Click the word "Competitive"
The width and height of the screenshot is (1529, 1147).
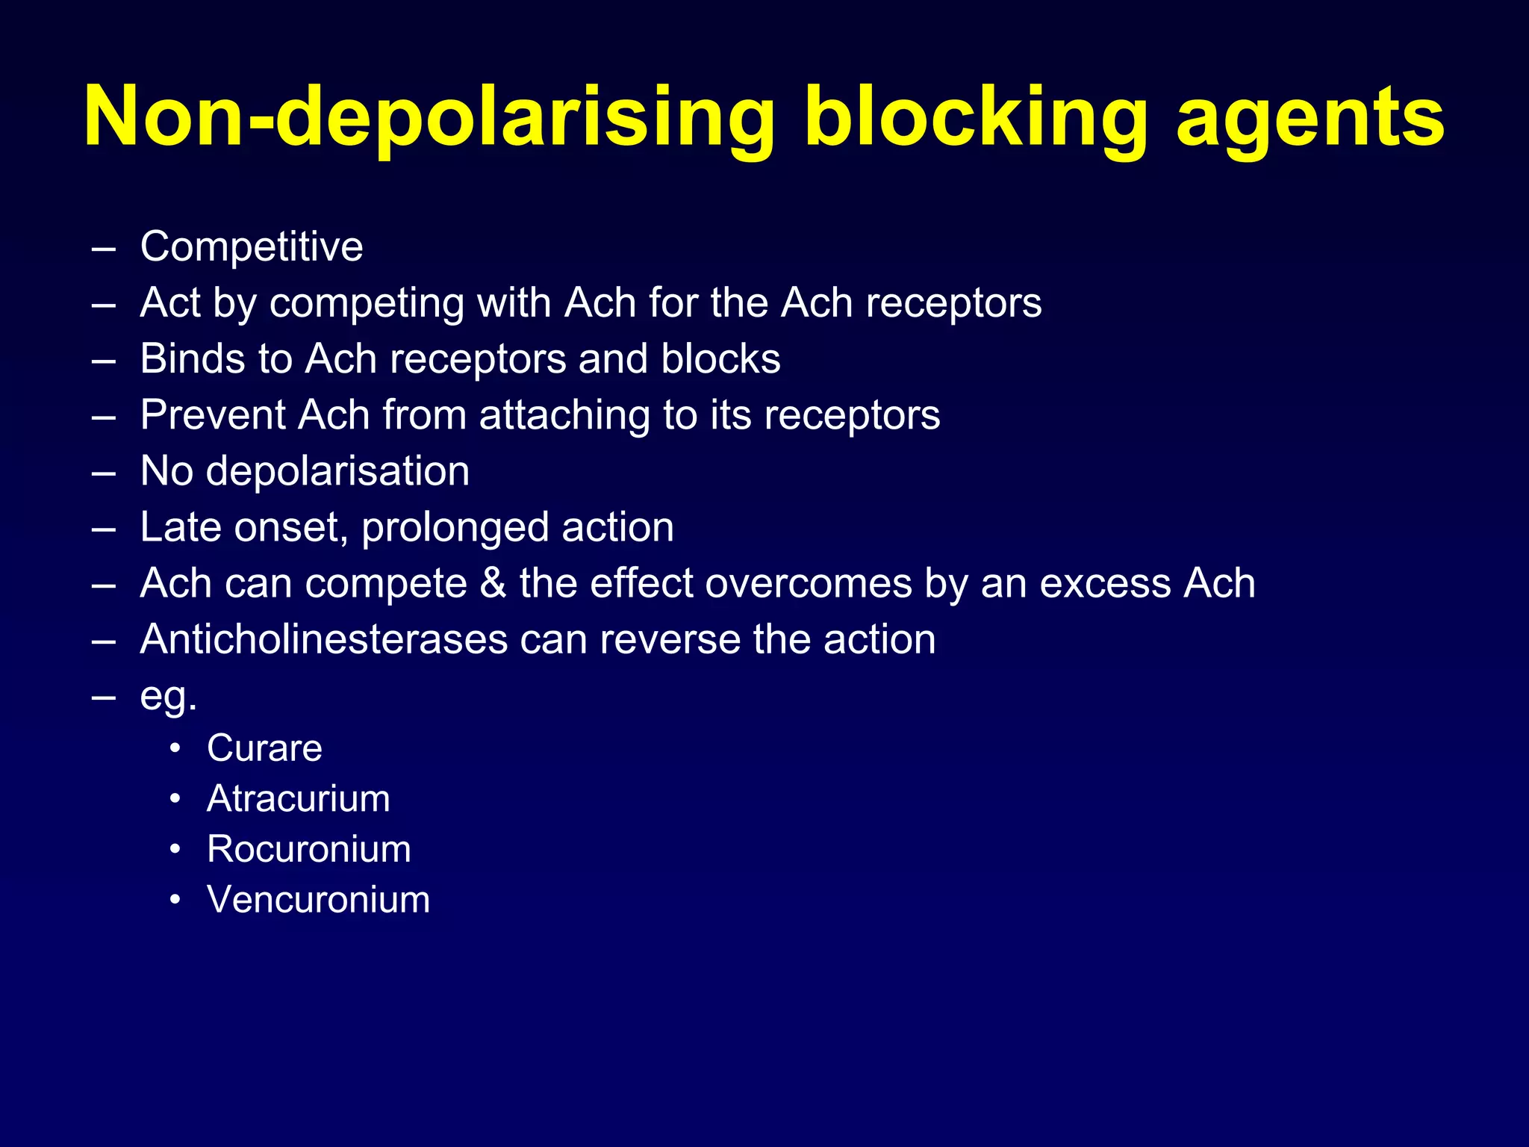(x=252, y=246)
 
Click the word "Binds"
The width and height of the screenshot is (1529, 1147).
(x=192, y=358)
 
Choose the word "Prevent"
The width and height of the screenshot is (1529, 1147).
(x=213, y=414)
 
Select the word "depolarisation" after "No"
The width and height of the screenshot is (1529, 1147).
(x=337, y=471)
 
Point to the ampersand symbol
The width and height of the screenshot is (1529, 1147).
(x=493, y=583)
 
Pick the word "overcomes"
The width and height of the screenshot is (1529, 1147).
(x=809, y=583)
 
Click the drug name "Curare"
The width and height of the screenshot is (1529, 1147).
(x=264, y=748)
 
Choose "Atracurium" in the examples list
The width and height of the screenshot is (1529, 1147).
(x=298, y=799)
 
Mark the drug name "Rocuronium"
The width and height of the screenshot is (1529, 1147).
(x=308, y=849)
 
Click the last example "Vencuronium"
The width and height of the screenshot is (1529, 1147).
(x=318, y=900)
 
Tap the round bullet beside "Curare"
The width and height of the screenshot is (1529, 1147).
(x=175, y=748)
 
